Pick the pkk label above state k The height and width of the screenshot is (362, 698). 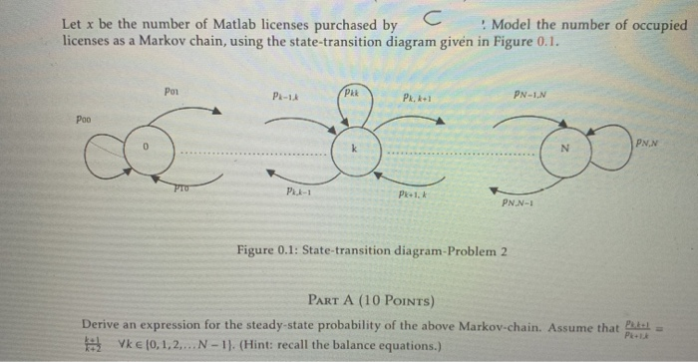click(x=351, y=93)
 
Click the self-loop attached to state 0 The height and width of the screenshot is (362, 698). click(x=103, y=150)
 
